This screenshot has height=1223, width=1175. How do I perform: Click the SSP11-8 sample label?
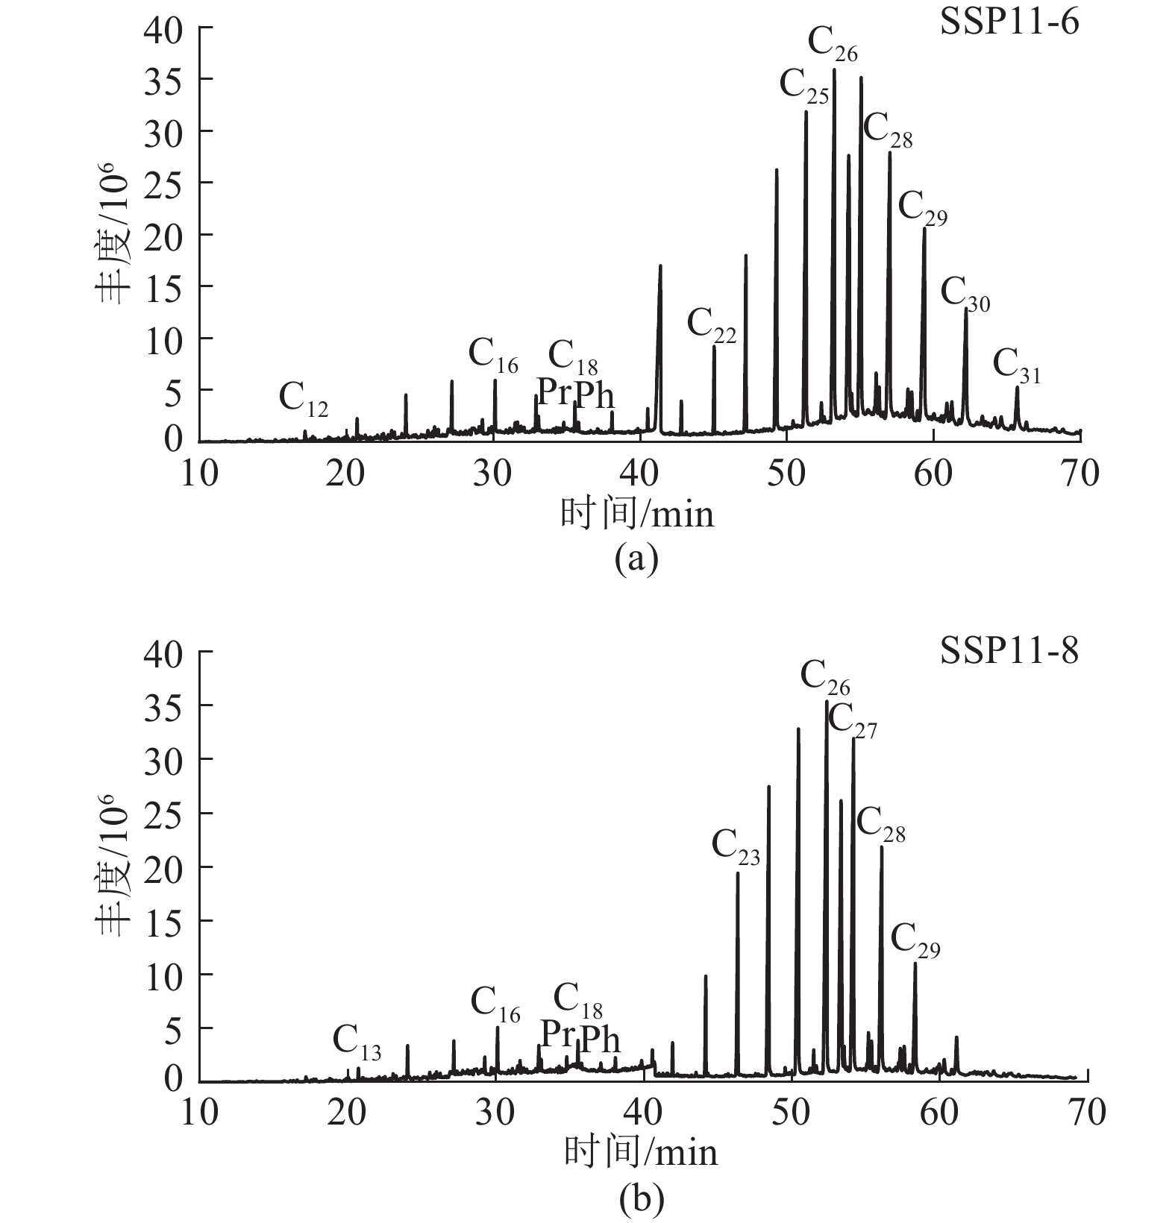tap(1009, 651)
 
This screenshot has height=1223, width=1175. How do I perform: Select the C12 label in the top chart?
tap(303, 400)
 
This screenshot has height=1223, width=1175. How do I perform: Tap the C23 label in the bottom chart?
tap(736, 848)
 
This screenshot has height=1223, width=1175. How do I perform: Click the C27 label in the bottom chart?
tap(852, 721)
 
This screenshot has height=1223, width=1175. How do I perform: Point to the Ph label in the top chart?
tap(595, 394)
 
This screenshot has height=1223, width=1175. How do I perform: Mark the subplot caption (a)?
tap(636, 559)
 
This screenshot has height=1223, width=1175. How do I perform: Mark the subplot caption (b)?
tap(641, 1198)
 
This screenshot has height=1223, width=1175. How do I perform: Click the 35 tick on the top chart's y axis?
tap(163, 79)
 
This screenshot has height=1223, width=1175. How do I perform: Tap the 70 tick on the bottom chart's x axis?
tap(1087, 1113)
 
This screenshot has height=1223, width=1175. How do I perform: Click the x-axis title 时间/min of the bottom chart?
tap(639, 1153)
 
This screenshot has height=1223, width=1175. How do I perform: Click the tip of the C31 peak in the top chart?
tap(1016, 387)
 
